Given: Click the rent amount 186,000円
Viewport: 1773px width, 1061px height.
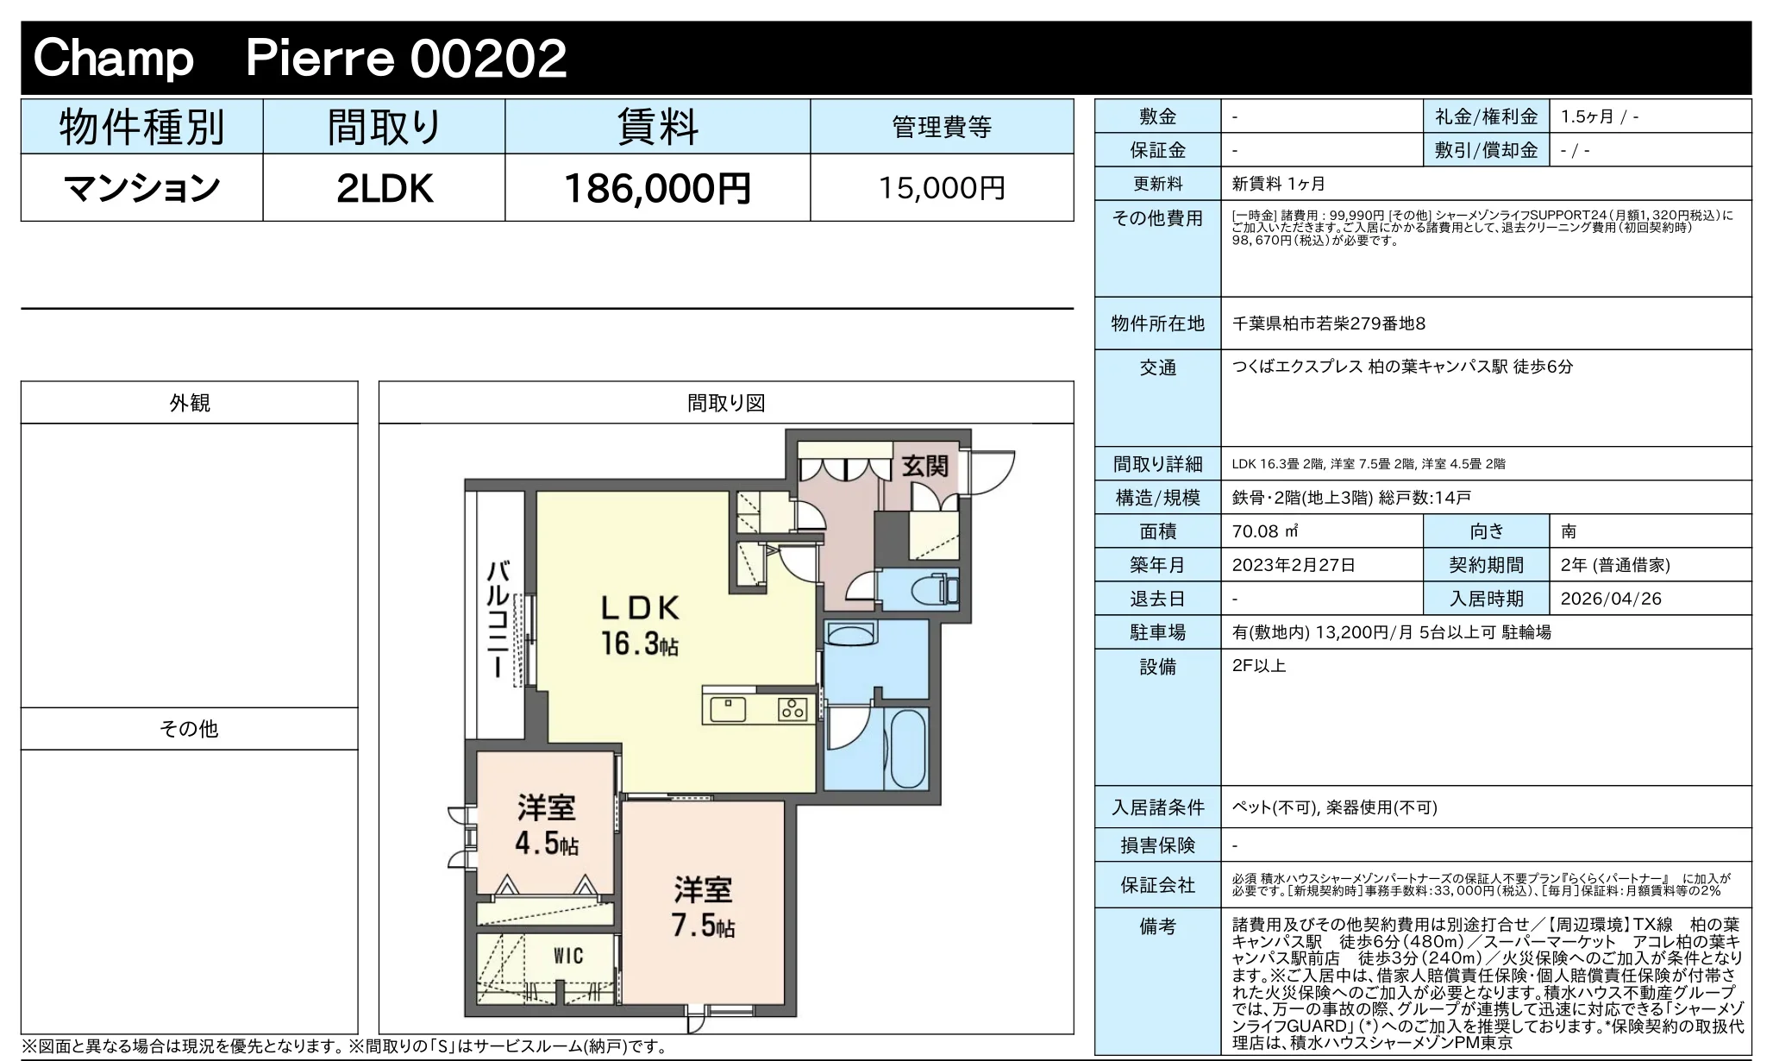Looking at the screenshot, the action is (657, 188).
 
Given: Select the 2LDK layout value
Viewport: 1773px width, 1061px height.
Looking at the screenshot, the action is (385, 189).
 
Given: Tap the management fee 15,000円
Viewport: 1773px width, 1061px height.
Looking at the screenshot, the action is (942, 188).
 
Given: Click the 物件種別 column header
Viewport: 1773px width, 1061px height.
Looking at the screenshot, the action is (142, 128).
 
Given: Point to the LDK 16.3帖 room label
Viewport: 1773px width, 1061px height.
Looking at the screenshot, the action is (640, 625).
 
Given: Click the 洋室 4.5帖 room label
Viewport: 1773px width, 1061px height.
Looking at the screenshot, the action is (547, 825).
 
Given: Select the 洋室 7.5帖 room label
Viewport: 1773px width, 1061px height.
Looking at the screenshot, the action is (704, 907).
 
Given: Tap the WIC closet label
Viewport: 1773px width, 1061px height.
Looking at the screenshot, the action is (568, 956).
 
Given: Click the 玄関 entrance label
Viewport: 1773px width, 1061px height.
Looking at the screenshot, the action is (924, 467).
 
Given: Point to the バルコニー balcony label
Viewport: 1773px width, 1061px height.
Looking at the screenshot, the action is (498, 620).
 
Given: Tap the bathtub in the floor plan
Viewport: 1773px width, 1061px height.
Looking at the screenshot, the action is (907, 748).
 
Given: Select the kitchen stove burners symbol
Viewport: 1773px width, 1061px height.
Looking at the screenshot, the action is (792, 708).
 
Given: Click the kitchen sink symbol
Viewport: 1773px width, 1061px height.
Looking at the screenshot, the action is (728, 709).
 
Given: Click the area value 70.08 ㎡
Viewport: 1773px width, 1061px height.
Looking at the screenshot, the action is (1265, 531).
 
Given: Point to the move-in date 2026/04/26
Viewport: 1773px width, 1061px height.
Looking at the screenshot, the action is (1611, 599).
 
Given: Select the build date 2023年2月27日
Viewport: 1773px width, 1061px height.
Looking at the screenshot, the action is (1294, 565).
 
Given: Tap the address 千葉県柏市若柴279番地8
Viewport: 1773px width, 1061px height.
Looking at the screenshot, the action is (1329, 323).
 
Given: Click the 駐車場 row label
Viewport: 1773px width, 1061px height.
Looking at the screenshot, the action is (1157, 632).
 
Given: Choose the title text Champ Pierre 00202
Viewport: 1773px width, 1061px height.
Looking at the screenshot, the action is (299, 59).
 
